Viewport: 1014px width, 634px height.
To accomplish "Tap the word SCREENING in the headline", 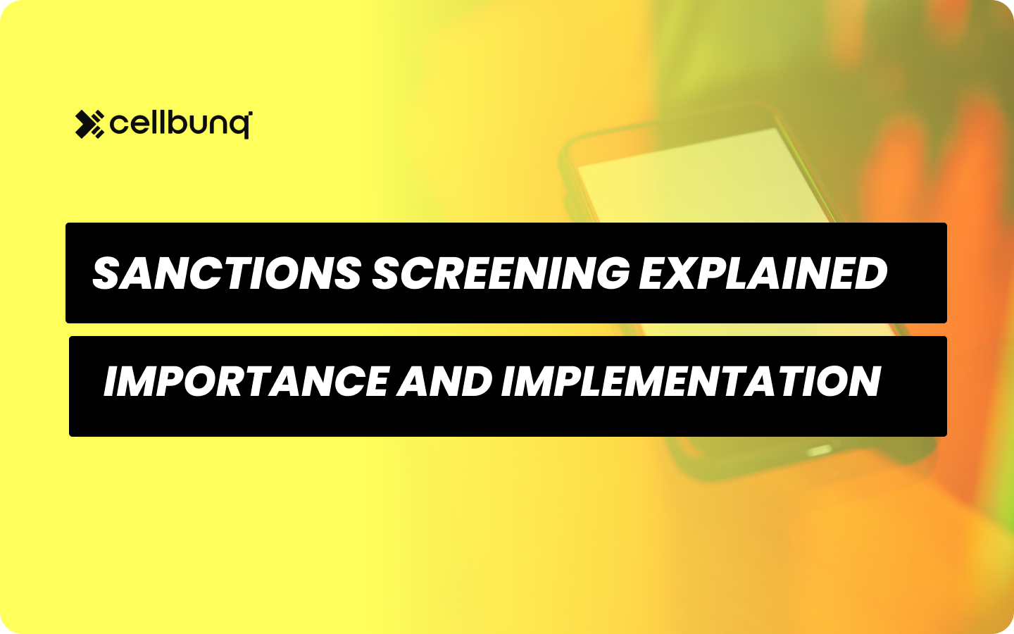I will point(501,273).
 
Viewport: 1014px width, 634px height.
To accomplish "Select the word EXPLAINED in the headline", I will point(763,273).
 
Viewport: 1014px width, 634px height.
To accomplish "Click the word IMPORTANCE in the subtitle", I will point(246,382).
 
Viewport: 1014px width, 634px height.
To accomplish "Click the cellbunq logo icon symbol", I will point(89,125).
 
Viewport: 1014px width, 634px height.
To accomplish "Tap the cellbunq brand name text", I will point(180,125).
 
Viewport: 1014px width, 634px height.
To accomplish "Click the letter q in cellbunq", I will point(241,127).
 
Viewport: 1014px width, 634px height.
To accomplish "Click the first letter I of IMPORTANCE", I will point(111,382).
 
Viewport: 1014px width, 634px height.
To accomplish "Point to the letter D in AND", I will point(474,382).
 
